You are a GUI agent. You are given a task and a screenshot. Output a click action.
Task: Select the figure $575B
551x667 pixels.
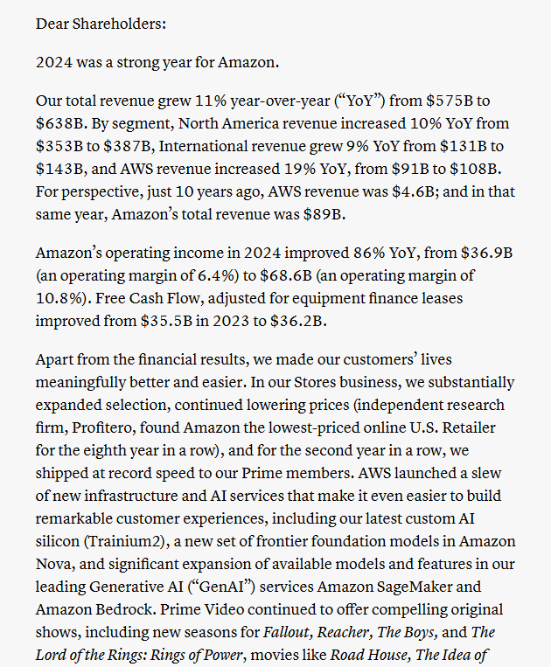(471, 101)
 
